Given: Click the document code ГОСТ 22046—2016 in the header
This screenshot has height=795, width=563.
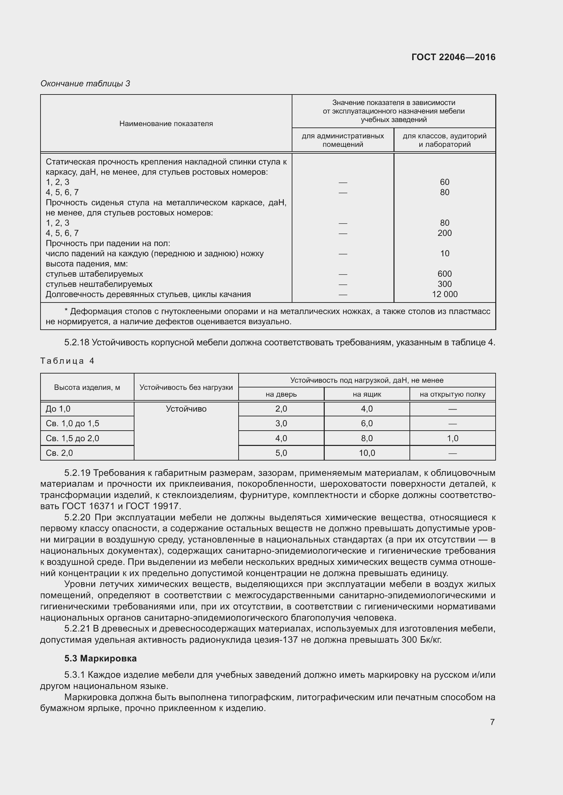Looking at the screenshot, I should pyautogui.click(x=453, y=57).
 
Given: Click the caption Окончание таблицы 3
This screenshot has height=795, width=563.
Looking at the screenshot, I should pyautogui.click(x=85, y=84).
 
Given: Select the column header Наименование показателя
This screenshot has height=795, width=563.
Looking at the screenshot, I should pyautogui.click(x=166, y=124).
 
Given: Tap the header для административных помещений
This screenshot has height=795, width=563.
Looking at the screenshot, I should pyautogui.click(x=342, y=140).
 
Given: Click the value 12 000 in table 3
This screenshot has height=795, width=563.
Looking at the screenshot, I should pyautogui.click(x=445, y=294).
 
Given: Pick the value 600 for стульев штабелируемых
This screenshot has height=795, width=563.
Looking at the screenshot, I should pyautogui.click(x=445, y=274).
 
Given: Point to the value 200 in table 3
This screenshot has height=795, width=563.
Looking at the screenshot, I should pyautogui.click(x=445, y=233).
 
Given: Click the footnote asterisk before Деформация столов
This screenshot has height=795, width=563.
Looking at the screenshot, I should pyautogui.click(x=66, y=311).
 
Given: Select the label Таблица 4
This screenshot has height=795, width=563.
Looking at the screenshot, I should pyautogui.click(x=67, y=361).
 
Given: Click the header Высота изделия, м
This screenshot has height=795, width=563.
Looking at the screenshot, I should pyautogui.click(x=87, y=387).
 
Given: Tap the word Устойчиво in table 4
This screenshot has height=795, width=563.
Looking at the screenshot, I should pyautogui.click(x=186, y=409).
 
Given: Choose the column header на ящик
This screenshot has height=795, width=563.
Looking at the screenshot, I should pyautogui.click(x=367, y=394).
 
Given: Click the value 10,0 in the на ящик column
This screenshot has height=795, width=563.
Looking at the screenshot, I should pyautogui.click(x=367, y=453).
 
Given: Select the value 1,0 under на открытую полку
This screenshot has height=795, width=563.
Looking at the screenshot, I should pyautogui.click(x=452, y=438).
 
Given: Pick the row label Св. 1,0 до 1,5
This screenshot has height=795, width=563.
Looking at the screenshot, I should pyautogui.click(x=73, y=424).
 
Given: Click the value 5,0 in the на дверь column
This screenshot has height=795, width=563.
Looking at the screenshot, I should pyautogui.click(x=281, y=453).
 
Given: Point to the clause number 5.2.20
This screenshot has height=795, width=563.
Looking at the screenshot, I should pyautogui.click(x=77, y=517).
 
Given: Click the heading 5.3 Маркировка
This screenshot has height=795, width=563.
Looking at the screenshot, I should pyautogui.click(x=100, y=658).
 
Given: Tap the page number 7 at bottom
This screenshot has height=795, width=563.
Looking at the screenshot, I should pyautogui.click(x=492, y=722).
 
